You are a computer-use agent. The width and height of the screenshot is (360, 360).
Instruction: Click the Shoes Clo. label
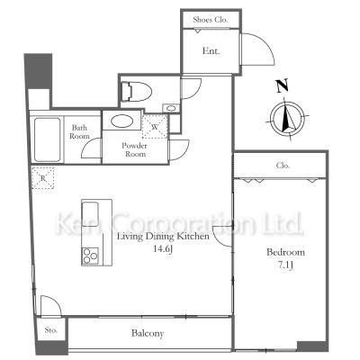tap(211, 20)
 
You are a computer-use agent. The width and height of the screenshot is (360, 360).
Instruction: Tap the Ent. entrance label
tap(211, 51)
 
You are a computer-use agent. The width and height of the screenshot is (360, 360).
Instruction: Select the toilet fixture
tap(137, 92)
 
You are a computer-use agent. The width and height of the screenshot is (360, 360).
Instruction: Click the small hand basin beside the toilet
tap(171, 108)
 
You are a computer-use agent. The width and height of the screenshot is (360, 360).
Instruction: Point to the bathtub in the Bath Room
tap(48, 139)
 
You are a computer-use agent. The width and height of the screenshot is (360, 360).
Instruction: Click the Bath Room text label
tap(79, 132)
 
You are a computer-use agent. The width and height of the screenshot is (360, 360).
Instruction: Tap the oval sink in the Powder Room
tap(121, 121)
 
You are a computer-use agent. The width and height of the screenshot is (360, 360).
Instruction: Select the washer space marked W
tap(155, 127)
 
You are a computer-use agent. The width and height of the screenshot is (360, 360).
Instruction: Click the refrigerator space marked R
tap(43, 178)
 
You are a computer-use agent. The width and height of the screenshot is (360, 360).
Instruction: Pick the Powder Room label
tap(134, 150)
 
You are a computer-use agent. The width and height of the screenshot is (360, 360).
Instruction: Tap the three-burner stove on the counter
tap(90, 256)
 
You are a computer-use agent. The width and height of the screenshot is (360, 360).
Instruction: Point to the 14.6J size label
tap(163, 248)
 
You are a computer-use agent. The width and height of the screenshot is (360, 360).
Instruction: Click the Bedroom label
tap(285, 252)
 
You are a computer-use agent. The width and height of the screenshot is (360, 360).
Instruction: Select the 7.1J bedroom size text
tap(285, 265)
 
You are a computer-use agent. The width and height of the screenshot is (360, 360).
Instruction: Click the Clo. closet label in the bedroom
tap(283, 166)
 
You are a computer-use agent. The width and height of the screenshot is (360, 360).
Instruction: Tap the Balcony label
tap(148, 333)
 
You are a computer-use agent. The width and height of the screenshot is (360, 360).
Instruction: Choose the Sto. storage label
tap(51, 330)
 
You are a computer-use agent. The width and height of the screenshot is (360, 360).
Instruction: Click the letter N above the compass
tap(282, 85)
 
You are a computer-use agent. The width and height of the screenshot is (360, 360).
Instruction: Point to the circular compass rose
tap(287, 117)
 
